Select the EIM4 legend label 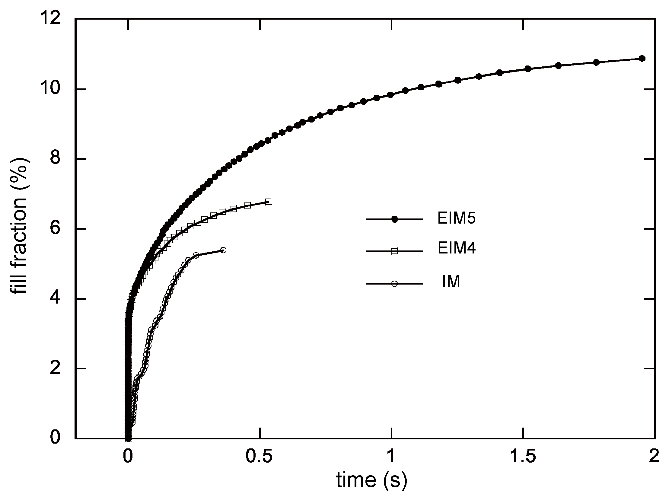click(x=456, y=249)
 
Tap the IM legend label click(x=451, y=282)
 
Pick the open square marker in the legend click(x=394, y=251)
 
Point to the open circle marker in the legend click(x=394, y=284)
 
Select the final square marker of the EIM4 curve click(x=268, y=202)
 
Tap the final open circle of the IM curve click(x=223, y=250)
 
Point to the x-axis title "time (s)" click(x=372, y=481)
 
